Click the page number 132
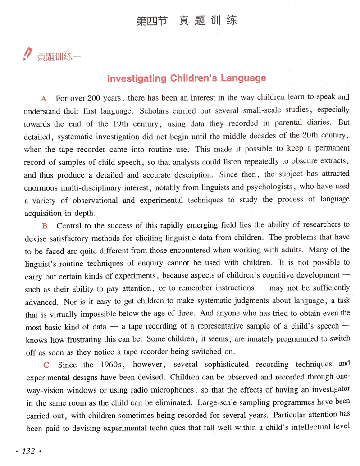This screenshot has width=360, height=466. [x=28, y=451]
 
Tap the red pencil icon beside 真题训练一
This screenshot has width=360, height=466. [x=28, y=54]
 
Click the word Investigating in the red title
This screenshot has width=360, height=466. [x=137, y=78]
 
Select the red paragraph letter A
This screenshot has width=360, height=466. [x=44, y=99]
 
